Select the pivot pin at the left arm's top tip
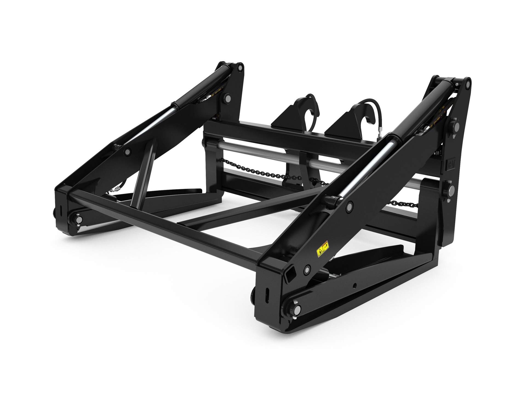240,67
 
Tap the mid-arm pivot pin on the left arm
127,152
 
